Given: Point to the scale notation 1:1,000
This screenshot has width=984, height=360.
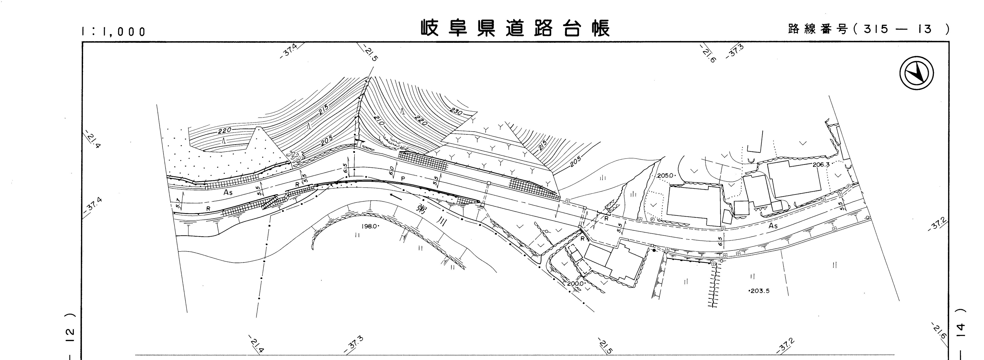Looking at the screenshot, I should tap(114, 31).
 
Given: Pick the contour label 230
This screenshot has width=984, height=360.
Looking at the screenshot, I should tap(456, 112).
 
